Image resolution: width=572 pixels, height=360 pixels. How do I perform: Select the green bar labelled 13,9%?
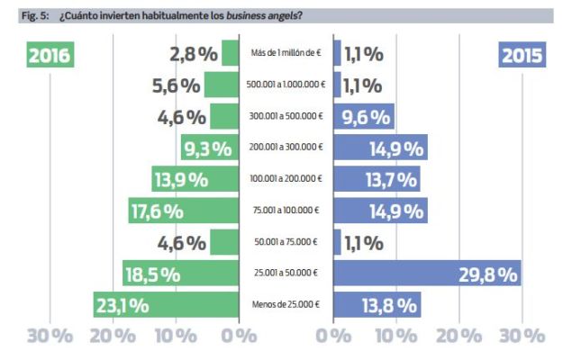pyautogui.click(x=194, y=180)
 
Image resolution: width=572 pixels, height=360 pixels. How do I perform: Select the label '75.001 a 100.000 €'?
pyautogui.click(x=284, y=212)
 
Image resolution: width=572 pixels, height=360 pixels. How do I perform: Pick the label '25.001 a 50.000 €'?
pyautogui.click(x=284, y=274)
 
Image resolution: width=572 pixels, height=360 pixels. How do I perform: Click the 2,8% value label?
pyautogui.click(x=193, y=54)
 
